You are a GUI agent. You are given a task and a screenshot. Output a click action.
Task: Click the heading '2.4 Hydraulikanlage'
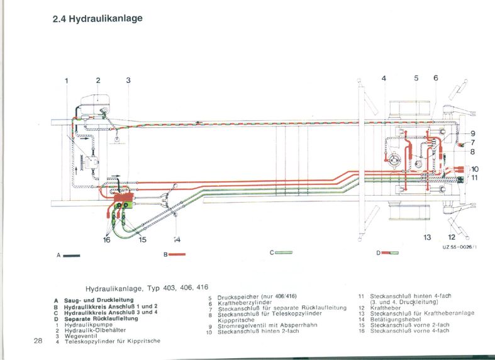click(x=97, y=18)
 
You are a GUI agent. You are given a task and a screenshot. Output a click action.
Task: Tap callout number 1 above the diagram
click(x=66, y=80)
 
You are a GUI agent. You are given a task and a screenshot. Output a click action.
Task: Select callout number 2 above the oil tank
click(x=98, y=80)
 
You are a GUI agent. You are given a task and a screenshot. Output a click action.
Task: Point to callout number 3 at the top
click(x=128, y=80)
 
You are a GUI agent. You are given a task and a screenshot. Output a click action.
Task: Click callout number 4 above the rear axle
click(x=384, y=78)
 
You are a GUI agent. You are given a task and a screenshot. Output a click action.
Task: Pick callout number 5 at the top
click(x=416, y=78)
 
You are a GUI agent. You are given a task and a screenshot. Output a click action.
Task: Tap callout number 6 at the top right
click(x=435, y=78)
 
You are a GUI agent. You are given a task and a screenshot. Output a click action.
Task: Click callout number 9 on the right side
click(x=472, y=133)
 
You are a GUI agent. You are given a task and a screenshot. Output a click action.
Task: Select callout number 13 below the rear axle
click(x=427, y=237)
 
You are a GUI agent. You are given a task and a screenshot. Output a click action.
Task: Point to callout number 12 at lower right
click(x=452, y=237)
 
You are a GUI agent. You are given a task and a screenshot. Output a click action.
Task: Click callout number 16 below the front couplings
click(x=106, y=240)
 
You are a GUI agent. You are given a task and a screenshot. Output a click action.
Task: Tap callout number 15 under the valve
click(x=143, y=240)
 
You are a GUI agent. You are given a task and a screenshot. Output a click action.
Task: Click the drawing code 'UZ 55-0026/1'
click(x=459, y=248)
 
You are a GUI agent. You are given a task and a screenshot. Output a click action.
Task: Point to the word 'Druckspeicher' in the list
click(x=235, y=296)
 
